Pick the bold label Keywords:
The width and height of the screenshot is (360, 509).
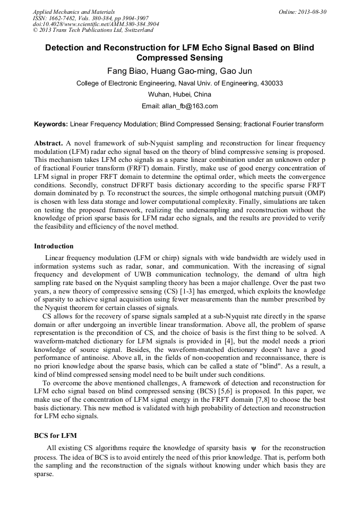pos(51,124)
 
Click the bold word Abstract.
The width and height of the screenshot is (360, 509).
pos(48,144)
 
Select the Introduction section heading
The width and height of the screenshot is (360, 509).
pos(54,246)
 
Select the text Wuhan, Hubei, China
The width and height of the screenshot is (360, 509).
pos(179,94)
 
